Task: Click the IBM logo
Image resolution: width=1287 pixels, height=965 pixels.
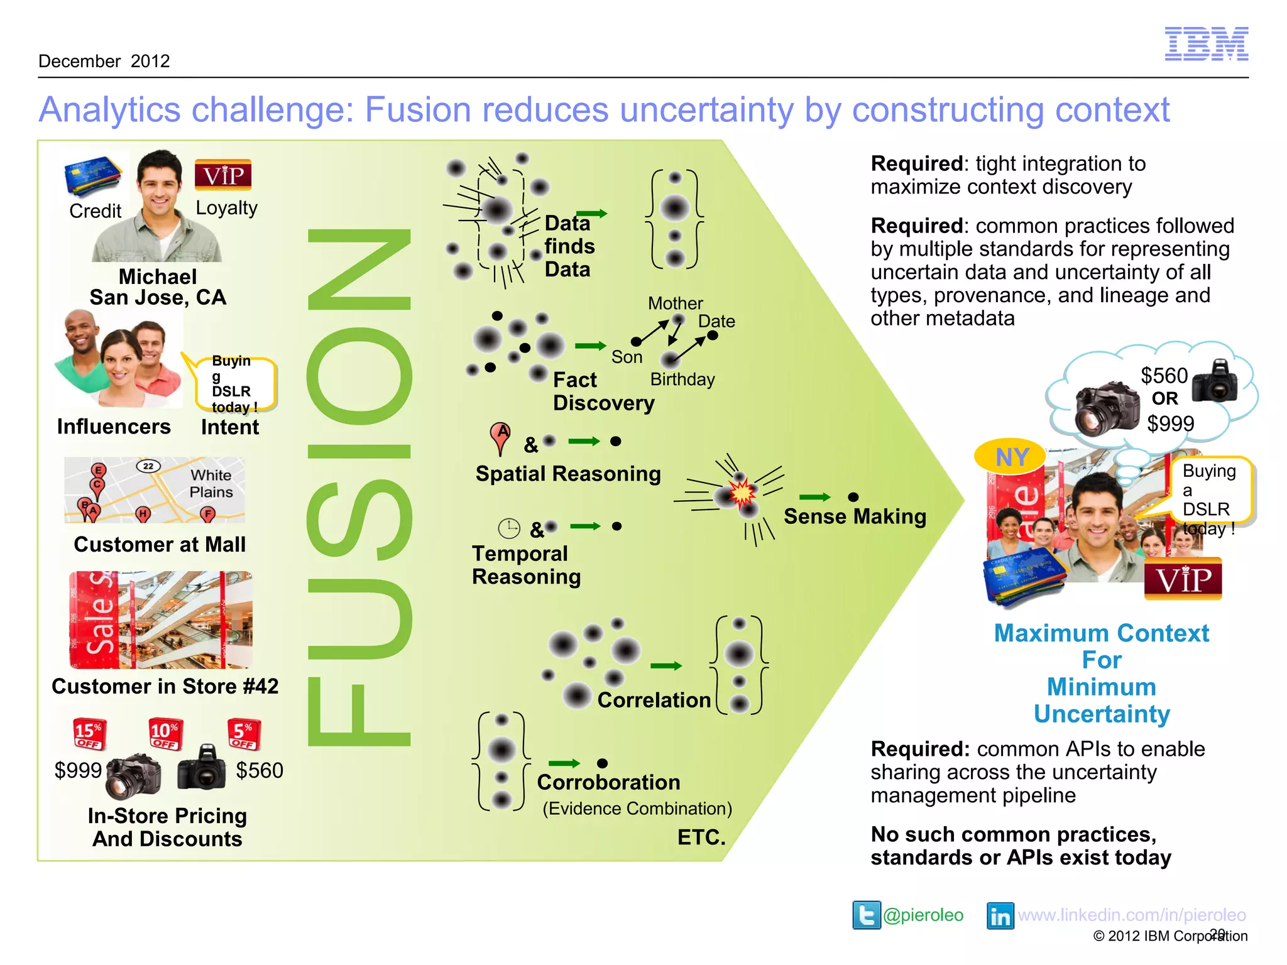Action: (1206, 44)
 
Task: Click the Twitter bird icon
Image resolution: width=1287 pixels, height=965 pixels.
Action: (866, 915)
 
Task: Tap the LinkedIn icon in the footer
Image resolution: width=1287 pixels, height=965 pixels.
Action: (1000, 915)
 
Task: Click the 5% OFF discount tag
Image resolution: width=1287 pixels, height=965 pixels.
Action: (244, 734)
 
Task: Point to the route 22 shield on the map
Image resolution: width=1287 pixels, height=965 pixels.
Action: (148, 466)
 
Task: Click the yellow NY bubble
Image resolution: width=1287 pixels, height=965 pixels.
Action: (1010, 457)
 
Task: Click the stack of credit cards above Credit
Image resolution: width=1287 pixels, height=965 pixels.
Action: (93, 177)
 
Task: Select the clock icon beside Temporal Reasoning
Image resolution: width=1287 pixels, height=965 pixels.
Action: (509, 529)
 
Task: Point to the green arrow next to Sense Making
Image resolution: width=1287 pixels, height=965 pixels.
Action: (815, 497)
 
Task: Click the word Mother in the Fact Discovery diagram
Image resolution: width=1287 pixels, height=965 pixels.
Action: (675, 303)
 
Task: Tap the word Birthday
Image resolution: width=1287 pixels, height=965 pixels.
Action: (682, 379)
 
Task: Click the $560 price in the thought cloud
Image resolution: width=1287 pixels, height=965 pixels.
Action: (1164, 376)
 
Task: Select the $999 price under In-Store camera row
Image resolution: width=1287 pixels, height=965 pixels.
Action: (78, 770)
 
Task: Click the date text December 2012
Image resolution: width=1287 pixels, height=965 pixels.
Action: (104, 61)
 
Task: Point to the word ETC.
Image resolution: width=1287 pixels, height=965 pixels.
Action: (701, 837)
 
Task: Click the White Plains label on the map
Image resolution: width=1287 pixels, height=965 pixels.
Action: (211, 484)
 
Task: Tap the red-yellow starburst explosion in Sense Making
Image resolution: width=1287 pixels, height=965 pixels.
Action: (742, 493)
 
